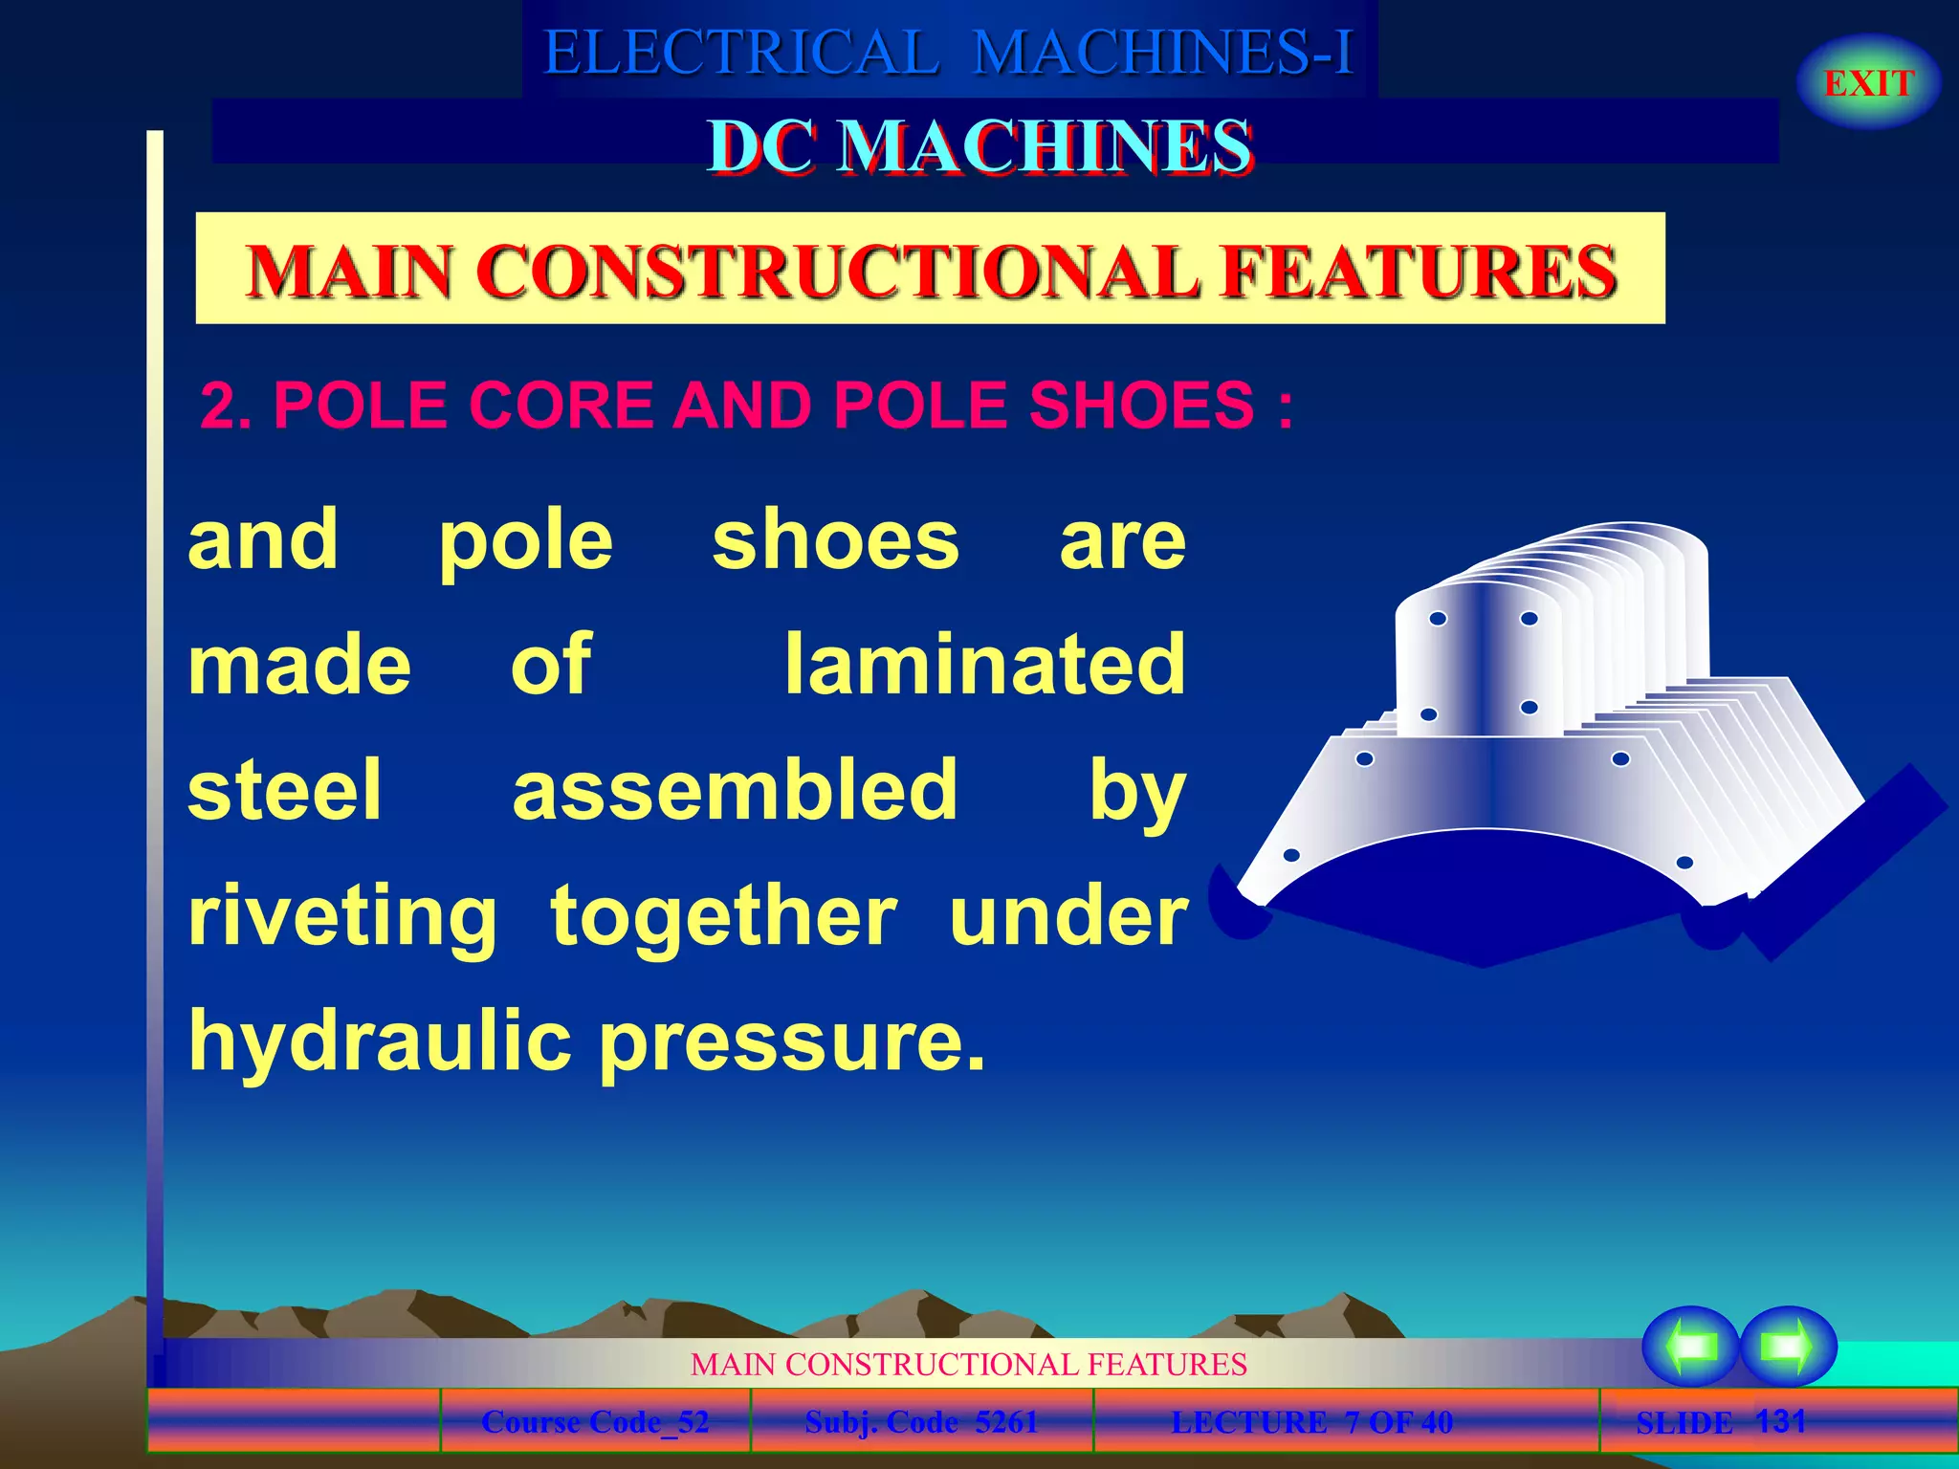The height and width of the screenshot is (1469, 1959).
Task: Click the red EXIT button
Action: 1868,83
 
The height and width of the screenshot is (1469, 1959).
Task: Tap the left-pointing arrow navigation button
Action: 1690,1346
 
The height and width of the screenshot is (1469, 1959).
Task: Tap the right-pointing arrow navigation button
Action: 1787,1346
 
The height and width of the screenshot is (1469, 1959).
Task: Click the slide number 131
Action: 1780,1420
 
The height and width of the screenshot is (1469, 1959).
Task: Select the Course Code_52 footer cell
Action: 595,1422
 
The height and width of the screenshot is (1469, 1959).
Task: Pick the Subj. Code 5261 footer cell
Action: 921,1422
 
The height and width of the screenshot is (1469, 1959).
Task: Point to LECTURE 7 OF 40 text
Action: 1311,1422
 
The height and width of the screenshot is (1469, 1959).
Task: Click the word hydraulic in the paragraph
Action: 380,1041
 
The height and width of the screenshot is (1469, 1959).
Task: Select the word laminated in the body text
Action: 984,664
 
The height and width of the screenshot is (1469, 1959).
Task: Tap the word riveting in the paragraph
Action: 342,915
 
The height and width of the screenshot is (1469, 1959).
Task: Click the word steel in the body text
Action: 285,789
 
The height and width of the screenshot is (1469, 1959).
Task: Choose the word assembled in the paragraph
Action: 735,789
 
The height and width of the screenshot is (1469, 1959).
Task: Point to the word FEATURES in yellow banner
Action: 1420,271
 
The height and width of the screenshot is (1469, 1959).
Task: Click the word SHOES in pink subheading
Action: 1140,405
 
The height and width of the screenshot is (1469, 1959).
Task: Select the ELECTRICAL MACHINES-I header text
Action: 948,52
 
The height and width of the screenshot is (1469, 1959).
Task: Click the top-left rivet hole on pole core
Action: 1438,619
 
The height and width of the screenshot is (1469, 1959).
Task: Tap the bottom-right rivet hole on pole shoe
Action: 1684,863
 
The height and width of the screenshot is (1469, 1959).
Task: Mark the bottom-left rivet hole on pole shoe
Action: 1290,855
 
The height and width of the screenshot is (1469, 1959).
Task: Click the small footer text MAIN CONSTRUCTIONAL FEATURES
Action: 968,1364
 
